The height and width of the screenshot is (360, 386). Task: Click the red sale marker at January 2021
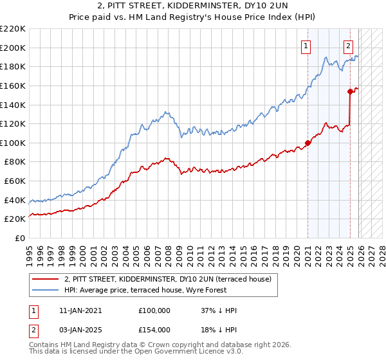308,143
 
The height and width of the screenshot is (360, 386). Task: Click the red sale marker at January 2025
351,91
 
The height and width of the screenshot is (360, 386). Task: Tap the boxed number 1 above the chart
305,46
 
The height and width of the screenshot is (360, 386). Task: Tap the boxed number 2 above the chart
348,46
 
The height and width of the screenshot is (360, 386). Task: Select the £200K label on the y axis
14,48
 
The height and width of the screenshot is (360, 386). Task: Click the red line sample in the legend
46,279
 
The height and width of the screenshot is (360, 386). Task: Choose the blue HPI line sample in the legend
46,290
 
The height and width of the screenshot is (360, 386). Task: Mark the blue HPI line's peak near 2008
167,112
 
